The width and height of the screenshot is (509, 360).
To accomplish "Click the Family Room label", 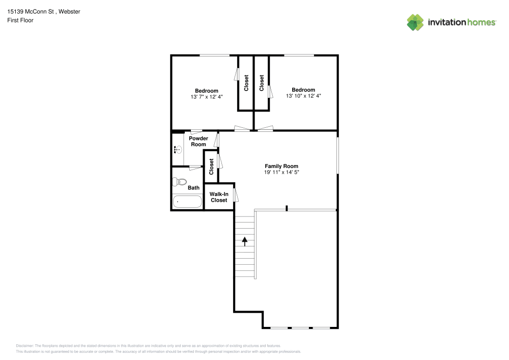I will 281,166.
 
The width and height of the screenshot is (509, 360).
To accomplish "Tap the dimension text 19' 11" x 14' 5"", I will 281,173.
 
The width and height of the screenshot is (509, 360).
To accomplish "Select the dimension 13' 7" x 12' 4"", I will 206,97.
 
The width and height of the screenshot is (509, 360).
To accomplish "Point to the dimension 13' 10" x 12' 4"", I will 303,96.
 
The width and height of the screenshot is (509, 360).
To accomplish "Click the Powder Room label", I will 198,141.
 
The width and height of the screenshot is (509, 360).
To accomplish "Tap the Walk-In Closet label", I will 219,197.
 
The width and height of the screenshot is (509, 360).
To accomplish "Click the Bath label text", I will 193,188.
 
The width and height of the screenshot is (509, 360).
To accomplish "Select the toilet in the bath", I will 180,181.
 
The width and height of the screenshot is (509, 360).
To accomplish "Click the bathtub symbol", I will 187,202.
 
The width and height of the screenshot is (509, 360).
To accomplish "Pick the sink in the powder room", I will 178,150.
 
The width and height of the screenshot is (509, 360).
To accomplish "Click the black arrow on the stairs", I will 245,241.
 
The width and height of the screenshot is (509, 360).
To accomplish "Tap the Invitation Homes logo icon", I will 415,22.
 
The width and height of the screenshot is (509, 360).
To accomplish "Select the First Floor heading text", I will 20,20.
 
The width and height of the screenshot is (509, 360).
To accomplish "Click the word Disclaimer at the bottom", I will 24,345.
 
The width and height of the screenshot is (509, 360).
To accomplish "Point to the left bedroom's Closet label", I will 246,83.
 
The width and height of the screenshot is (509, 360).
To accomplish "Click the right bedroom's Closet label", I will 262,83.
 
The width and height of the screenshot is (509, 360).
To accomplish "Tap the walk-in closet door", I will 236,195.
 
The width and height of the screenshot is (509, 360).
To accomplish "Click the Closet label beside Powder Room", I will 211,167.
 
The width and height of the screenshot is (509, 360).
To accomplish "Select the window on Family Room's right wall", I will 337,155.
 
